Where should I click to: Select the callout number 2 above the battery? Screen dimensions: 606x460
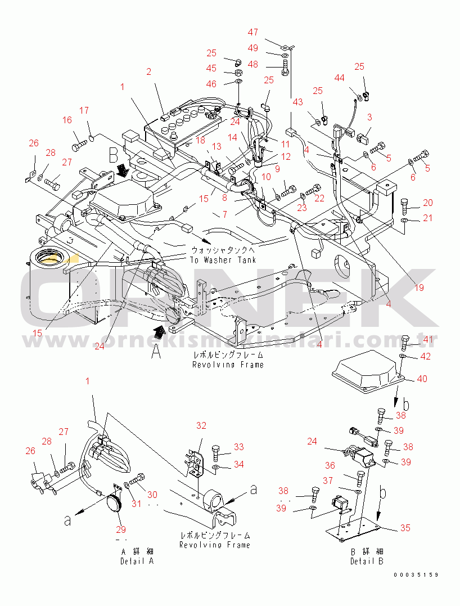149,71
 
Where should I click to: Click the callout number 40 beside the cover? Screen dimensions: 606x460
421,379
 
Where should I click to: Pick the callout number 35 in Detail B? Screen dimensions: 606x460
405,528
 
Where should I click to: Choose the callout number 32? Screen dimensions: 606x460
201,425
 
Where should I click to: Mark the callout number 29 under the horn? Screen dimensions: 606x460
121,529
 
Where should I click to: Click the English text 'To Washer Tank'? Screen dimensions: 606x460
223,260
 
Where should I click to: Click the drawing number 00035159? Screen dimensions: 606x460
416,575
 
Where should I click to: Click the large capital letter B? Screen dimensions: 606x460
113,154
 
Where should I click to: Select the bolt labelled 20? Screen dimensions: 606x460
405,204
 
